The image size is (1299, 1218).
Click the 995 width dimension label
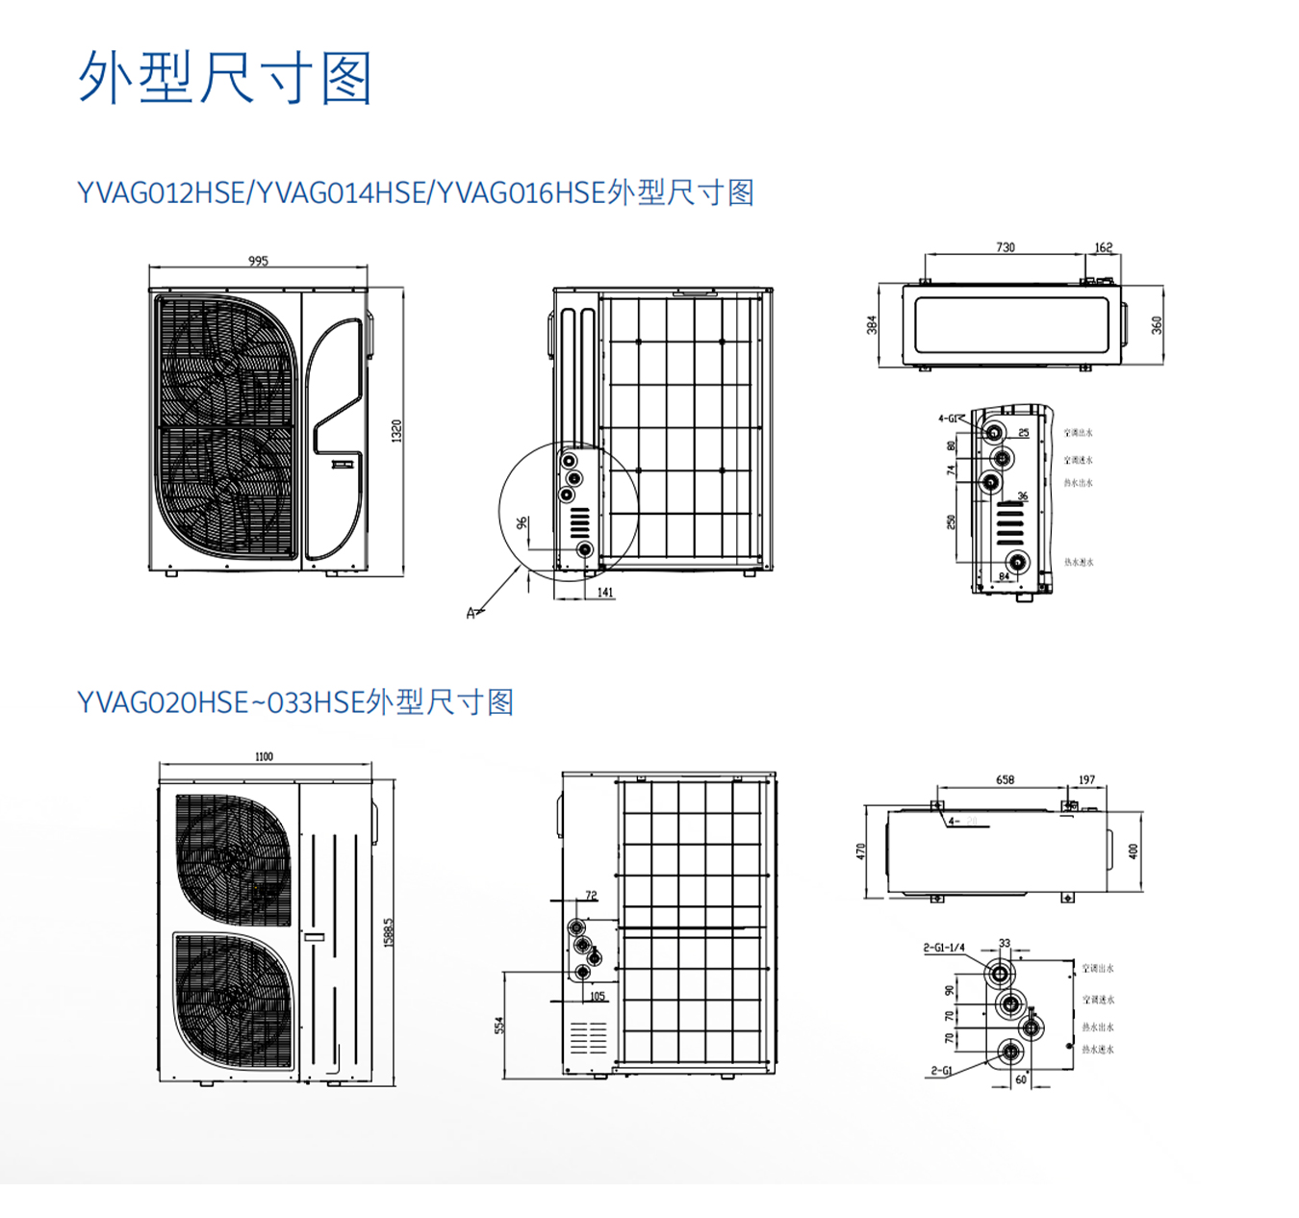pyautogui.click(x=258, y=261)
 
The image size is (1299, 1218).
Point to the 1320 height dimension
pyautogui.click(x=396, y=430)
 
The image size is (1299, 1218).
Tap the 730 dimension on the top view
pyautogui.click(x=1005, y=247)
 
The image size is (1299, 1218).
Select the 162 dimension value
pyautogui.click(x=1103, y=247)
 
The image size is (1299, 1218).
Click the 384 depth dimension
pyautogui.click(x=872, y=325)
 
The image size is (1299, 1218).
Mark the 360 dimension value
pyautogui.click(x=1157, y=325)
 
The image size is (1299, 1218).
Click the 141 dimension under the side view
pyautogui.click(x=605, y=592)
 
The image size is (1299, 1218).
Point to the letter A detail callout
pyautogui.click(x=471, y=613)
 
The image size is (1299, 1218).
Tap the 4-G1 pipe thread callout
pyautogui.click(x=948, y=419)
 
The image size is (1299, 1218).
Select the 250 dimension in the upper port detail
pyautogui.click(x=951, y=521)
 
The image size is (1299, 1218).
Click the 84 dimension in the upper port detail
pyautogui.click(x=1004, y=576)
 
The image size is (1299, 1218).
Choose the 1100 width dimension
pyautogui.click(x=264, y=756)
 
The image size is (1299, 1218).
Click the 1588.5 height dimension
pyautogui.click(x=389, y=931)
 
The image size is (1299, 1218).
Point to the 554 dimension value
pyautogui.click(x=499, y=1026)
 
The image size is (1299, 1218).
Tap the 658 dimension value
pyautogui.click(x=1005, y=779)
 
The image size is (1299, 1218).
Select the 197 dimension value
pyautogui.click(x=1086, y=779)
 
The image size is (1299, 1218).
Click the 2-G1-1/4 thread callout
pyautogui.click(x=943, y=948)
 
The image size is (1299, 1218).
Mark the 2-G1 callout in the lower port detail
pyautogui.click(x=940, y=1070)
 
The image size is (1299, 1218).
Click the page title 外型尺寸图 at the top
pyautogui.click(x=225, y=78)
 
